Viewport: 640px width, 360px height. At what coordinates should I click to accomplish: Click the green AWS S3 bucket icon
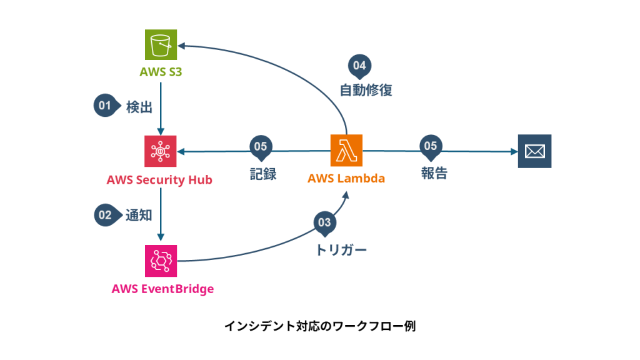pos(161,46)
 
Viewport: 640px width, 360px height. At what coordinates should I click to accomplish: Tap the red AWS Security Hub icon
pos(161,151)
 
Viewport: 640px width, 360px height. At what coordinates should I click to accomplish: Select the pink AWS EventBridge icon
pos(161,261)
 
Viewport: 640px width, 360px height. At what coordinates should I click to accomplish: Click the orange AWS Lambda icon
pos(346,151)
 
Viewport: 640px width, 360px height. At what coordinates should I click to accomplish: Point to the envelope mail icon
pos(534,151)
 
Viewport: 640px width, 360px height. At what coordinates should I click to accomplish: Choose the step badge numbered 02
pos(104,216)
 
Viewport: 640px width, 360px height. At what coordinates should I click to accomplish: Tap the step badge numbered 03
pos(324,222)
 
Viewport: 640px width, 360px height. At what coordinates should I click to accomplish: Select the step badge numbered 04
pos(359,65)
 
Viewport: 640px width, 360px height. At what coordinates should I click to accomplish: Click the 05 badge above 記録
pos(261,146)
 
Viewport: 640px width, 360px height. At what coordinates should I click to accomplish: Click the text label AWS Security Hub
pos(159,181)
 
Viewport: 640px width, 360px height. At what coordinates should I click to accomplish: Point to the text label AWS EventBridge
pos(162,289)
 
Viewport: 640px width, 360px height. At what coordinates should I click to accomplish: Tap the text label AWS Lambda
pos(346,179)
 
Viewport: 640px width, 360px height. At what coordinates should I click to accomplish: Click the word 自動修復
pos(366,91)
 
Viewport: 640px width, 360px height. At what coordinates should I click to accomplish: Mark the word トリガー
pos(341,250)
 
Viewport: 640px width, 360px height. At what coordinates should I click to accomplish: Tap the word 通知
pos(139,216)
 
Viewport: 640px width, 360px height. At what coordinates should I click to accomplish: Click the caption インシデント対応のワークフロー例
pos(319,326)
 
